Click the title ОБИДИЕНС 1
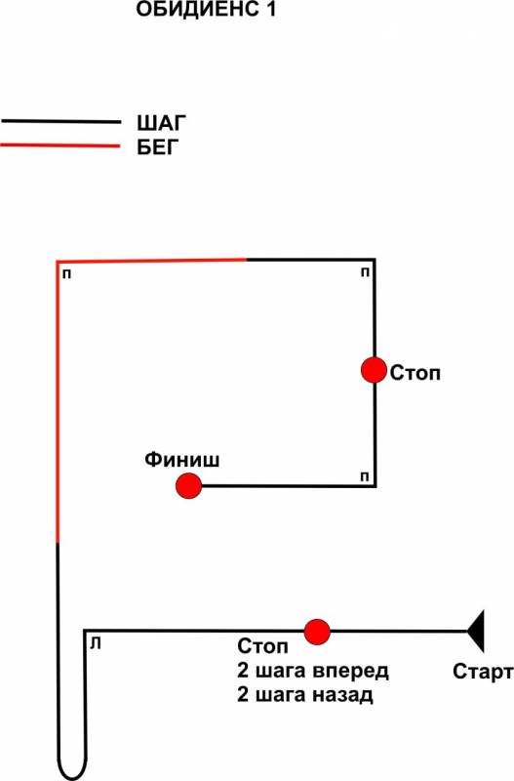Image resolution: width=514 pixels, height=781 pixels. (206, 10)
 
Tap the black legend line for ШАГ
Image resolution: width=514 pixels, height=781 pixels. (60, 121)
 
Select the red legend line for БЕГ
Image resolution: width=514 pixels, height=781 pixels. (60, 145)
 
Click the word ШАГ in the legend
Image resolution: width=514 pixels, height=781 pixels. (161, 123)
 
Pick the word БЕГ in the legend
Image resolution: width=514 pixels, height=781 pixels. (158, 147)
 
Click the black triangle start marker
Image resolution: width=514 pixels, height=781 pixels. (476, 631)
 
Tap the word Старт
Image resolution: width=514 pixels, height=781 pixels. (483, 672)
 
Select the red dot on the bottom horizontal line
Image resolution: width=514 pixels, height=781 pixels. (317, 632)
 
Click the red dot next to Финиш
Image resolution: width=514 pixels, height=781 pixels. (188, 485)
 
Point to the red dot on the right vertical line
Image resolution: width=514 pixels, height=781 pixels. (374, 370)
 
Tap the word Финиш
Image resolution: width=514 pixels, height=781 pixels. (182, 459)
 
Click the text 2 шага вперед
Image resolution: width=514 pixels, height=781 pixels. (313, 671)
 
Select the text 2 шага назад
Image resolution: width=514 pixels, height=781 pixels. (305, 694)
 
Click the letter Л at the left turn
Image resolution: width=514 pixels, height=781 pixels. (96, 644)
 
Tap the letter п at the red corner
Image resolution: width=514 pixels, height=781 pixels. (66, 274)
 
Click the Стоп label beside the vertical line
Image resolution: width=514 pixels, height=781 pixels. (415, 373)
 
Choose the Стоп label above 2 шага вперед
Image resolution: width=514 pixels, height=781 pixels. (262, 646)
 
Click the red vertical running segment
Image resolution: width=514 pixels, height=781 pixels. (58, 401)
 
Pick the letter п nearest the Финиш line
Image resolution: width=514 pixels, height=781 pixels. (365, 477)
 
